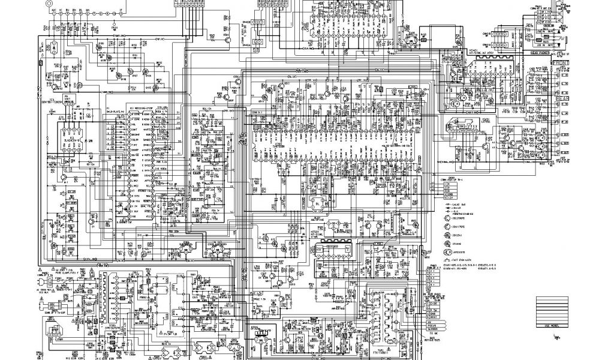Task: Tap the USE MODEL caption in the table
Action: [x=551, y=326]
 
